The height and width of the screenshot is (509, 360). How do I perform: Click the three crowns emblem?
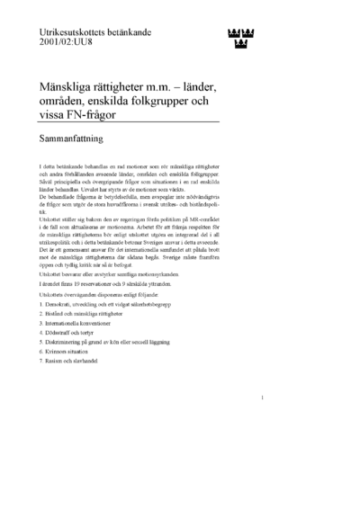pos(238,37)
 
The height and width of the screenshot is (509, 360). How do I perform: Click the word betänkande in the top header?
pos(145,31)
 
